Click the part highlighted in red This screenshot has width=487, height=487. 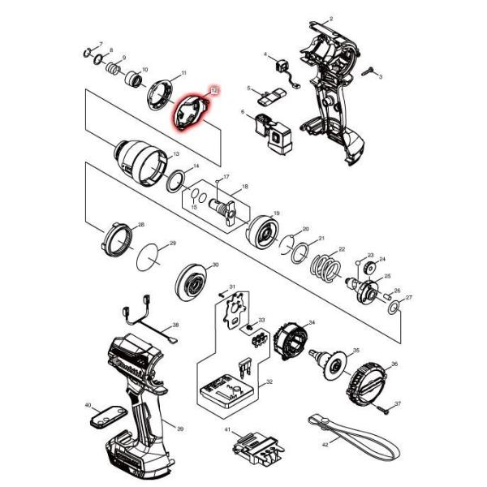pos(192,113)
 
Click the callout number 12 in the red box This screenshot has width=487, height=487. pos(214,93)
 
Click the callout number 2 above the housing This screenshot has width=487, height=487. pos(331,18)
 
